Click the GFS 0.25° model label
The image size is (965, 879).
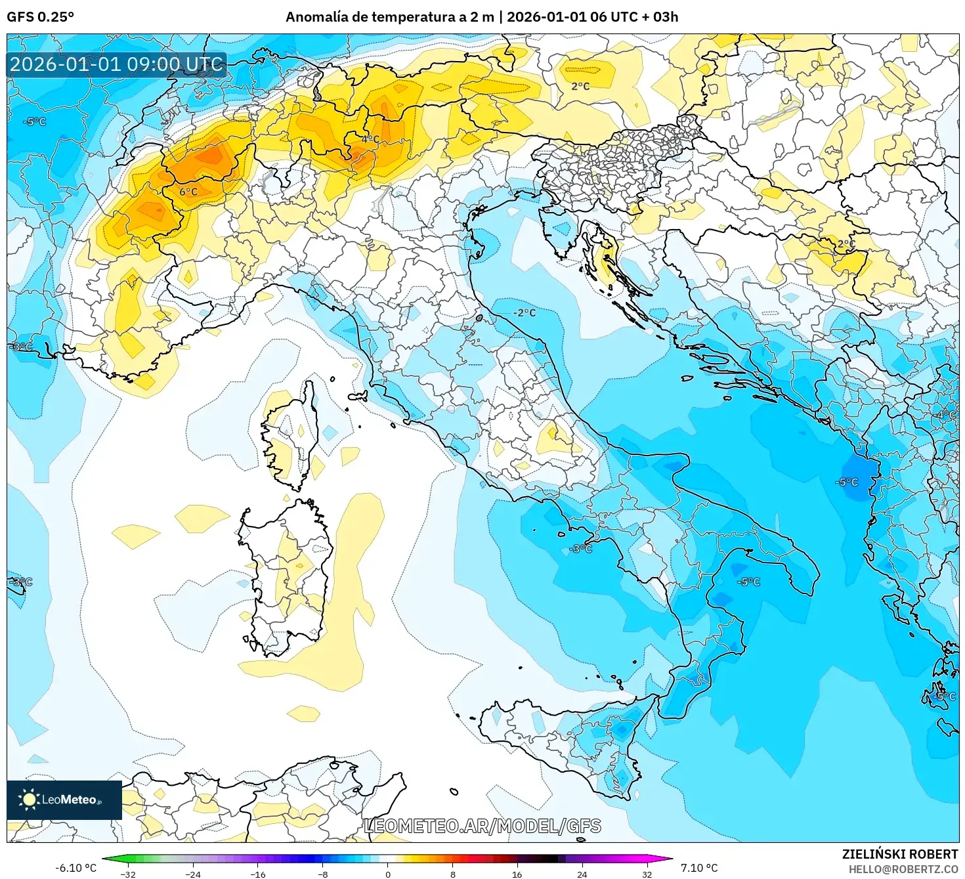click(40, 17)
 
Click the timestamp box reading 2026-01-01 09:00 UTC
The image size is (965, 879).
click(117, 64)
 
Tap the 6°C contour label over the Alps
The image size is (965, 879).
click(188, 192)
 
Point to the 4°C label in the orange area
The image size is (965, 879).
click(370, 139)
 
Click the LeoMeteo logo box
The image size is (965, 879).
click(64, 800)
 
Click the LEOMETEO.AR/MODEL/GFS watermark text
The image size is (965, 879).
click(482, 826)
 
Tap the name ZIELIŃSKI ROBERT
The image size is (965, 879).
click(900, 854)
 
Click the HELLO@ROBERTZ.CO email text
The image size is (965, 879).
click(903, 869)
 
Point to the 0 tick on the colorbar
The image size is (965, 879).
click(387, 874)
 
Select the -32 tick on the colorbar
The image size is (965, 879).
click(128, 874)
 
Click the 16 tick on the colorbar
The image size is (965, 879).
click(517, 874)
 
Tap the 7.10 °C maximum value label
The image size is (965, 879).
click(699, 868)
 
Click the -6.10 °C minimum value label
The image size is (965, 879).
click(75, 868)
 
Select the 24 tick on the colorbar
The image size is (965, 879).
click(582, 874)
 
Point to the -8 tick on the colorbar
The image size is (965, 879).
click(322, 874)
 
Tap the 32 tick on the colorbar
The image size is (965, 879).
click(647, 874)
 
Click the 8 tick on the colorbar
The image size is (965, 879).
click(452, 874)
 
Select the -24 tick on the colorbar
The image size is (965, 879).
click(193, 874)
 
